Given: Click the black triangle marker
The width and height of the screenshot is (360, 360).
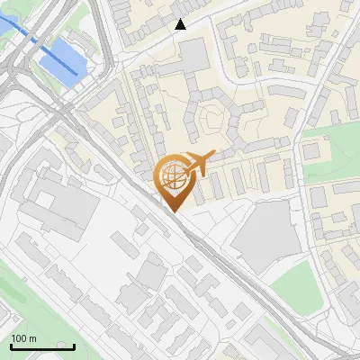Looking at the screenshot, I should (x=181, y=24).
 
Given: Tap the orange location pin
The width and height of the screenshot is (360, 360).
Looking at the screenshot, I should (x=174, y=181).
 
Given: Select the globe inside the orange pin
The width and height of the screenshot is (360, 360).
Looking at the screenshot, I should (x=173, y=175).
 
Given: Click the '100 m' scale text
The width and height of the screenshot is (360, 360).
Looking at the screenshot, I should (x=23, y=338).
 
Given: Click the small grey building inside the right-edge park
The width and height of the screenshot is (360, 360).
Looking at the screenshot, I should (x=311, y=151).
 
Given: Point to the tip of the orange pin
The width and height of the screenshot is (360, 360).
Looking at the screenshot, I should (x=174, y=211).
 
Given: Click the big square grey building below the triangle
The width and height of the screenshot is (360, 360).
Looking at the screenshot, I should (x=193, y=57).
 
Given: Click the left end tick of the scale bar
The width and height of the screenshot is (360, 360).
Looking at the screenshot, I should (x=11, y=345).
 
